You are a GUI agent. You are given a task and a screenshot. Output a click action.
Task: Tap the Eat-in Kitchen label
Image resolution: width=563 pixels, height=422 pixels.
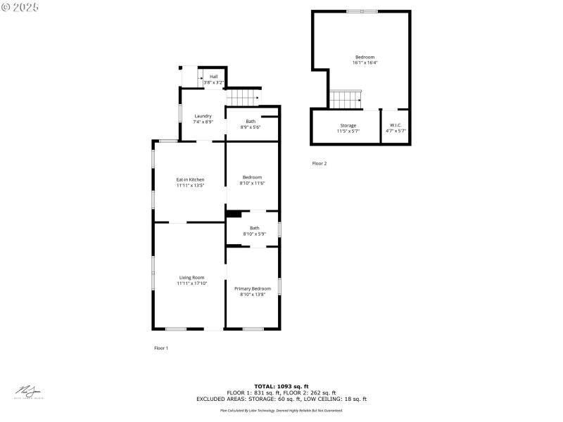(190, 179)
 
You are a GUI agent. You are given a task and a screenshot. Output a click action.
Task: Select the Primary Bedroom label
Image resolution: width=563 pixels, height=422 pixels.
(253, 288)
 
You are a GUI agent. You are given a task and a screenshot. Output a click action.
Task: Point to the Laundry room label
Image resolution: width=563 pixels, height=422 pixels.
(203, 116)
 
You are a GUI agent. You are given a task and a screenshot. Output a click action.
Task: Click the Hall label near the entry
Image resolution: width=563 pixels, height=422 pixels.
(213, 76)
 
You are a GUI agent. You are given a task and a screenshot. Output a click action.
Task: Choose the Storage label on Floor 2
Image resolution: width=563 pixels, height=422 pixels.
(348, 125)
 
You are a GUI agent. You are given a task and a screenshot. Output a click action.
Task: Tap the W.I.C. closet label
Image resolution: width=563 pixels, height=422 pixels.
(396, 125)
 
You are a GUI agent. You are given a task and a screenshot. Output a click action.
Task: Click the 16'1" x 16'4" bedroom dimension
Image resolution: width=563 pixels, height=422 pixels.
(365, 63)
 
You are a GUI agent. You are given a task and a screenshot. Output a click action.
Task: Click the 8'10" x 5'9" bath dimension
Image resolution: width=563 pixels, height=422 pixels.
(254, 234)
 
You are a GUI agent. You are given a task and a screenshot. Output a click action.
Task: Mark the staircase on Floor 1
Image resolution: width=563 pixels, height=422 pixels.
(243, 98)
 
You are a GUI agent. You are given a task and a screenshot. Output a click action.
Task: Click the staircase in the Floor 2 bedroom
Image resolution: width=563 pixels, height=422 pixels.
(346, 100)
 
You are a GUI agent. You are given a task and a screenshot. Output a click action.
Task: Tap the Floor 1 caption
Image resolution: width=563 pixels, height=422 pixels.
(161, 348)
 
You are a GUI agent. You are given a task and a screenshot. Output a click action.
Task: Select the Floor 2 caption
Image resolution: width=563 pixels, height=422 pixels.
(320, 163)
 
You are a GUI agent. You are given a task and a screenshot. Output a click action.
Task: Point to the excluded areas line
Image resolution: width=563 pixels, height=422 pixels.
(281, 399)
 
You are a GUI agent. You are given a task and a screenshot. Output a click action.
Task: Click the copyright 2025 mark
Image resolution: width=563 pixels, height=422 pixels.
(20, 6)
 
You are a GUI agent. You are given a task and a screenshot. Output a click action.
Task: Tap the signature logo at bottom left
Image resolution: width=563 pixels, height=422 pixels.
(29, 391)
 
